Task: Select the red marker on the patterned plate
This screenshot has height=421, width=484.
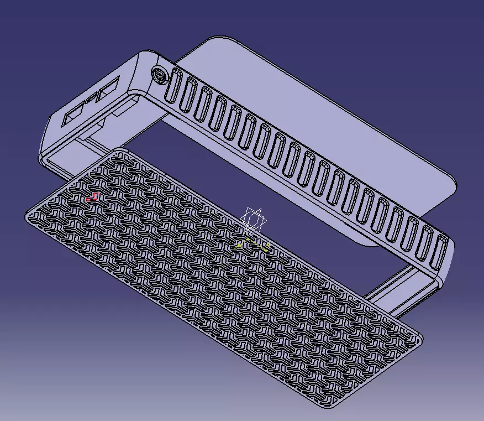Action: coord(94,196)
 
